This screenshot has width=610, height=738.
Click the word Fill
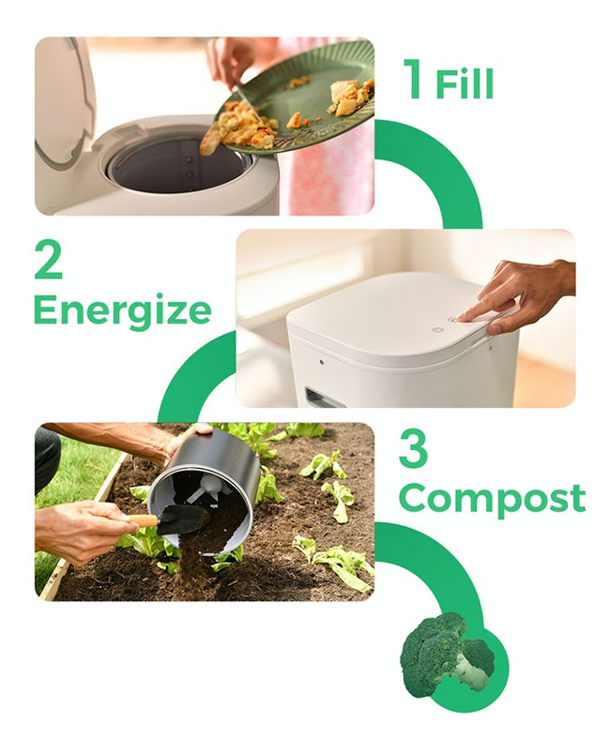tap(465, 83)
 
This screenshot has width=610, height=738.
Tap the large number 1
tap(414, 79)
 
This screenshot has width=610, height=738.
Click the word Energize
tap(123, 310)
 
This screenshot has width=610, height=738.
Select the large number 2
tap(48, 259)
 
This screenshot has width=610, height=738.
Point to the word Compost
tap(493, 499)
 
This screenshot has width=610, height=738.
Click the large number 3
tap(413, 448)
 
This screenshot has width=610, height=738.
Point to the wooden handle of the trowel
tap(142, 521)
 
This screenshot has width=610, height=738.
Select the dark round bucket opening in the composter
tap(179, 163)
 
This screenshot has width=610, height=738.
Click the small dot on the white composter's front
tap(321, 363)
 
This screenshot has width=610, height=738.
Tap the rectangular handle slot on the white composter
tap(325, 399)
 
